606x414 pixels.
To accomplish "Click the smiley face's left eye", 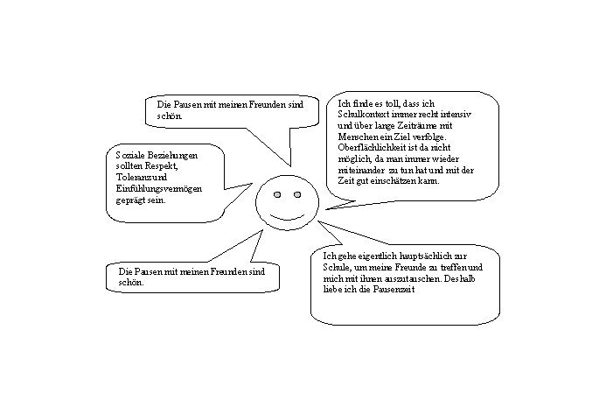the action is (276, 193).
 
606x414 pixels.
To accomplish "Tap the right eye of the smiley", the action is (296, 193).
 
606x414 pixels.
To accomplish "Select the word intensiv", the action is (453, 116).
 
